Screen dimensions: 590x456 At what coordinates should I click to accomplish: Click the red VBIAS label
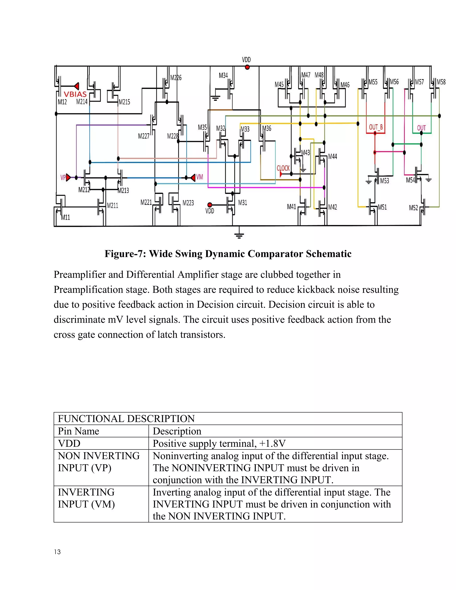(75, 94)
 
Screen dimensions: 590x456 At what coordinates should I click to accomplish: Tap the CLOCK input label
(283, 168)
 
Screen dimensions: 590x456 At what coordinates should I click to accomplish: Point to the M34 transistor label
(223, 75)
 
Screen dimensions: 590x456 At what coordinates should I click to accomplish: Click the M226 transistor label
(176, 78)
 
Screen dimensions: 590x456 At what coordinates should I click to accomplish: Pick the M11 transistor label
(65, 218)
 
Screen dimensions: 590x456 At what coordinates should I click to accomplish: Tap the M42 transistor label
(333, 207)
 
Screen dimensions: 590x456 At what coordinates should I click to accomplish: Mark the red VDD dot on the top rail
(247, 67)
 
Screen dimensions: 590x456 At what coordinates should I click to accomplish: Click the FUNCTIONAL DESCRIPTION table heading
(126, 419)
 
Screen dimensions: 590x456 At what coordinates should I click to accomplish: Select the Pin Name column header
(78, 431)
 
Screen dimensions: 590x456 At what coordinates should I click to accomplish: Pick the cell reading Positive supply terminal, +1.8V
(219, 444)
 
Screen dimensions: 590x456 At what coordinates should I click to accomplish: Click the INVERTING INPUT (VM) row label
(86, 498)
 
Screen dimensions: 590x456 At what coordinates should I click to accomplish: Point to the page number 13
(57, 552)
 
